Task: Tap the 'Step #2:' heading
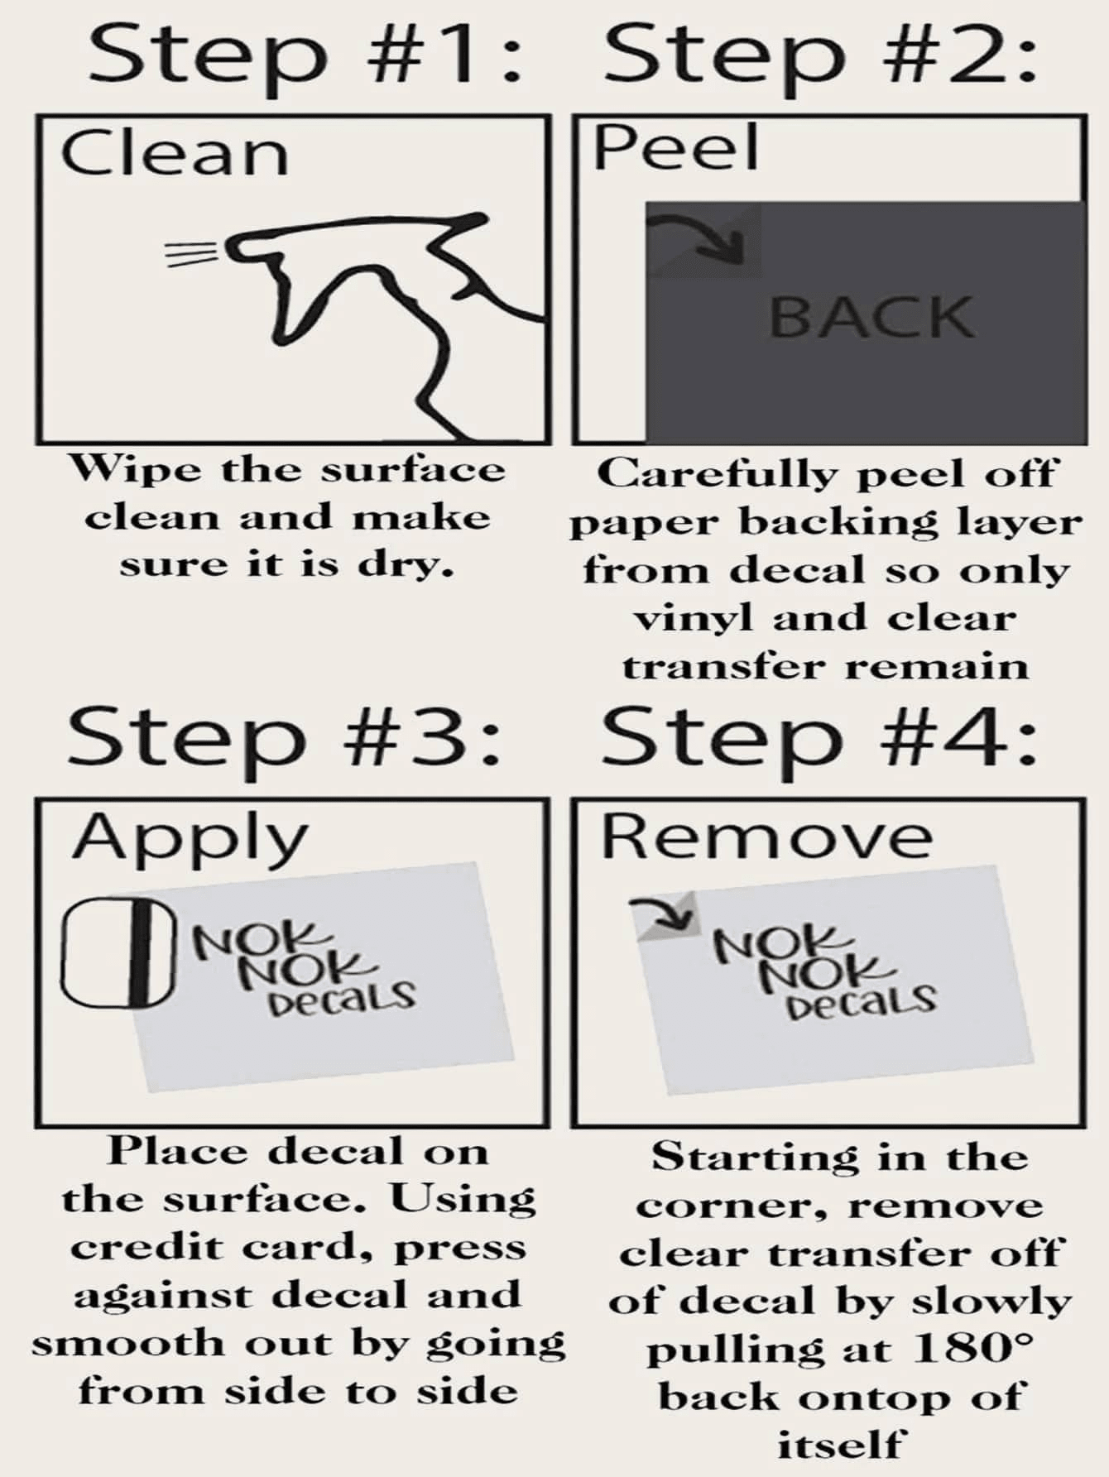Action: (819, 54)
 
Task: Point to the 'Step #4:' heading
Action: (819, 736)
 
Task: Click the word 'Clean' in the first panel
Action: (175, 153)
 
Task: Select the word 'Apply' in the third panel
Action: (190, 840)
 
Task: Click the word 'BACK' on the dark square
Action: (871, 317)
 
